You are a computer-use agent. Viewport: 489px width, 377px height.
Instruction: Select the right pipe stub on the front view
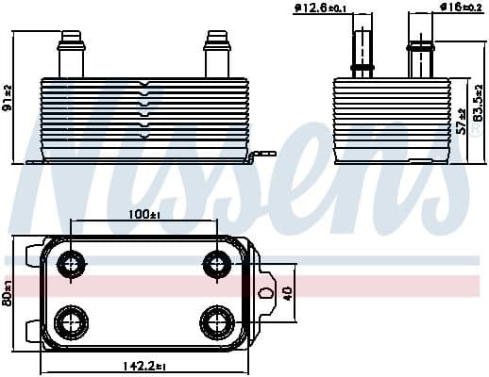(215, 55)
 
